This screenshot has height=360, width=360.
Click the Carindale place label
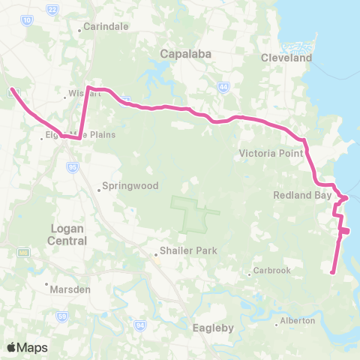[x=106, y=25]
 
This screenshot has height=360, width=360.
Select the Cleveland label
[x=286, y=58]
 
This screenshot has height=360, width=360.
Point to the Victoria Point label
[x=270, y=154]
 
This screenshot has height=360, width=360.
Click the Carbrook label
[x=271, y=271]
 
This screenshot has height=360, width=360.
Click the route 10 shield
[x=27, y=22]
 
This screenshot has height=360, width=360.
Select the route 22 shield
[x=52, y=9]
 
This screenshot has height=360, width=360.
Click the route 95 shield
[x=73, y=169]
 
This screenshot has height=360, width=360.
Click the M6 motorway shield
[x=24, y=253]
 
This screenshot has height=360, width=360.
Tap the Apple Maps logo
[x=27, y=347]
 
